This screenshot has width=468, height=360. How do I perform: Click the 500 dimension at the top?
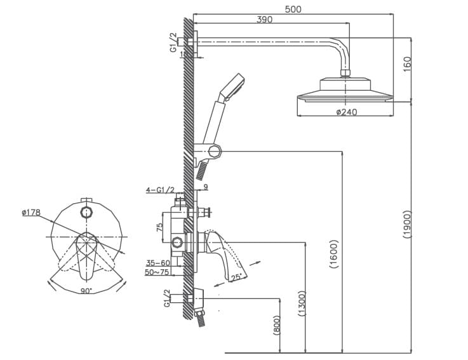pos(293,9)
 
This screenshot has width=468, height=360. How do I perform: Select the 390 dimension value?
pos(264,20)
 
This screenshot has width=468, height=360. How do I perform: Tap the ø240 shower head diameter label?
pos(346,112)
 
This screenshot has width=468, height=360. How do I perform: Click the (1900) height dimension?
pos(407,225)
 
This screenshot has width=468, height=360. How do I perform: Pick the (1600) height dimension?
pos(334,254)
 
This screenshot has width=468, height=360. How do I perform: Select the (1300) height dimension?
pos(302,303)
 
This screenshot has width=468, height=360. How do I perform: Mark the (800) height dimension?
pos(276,326)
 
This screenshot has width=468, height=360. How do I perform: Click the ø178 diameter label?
pos(31,213)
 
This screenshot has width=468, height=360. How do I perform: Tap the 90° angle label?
pos(86,290)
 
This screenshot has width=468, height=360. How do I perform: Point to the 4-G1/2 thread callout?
pos(159,190)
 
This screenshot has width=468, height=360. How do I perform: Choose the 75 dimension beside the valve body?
pos(161,226)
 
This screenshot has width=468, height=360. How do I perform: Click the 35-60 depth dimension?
pos(157,263)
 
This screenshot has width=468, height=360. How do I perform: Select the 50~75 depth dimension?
pos(157,272)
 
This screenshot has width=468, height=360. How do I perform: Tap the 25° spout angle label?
pos(236,276)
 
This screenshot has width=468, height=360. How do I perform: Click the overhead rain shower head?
pos(345,90)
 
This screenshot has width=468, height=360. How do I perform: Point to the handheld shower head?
pos(231,87)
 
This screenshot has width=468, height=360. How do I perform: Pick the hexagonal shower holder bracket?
pos(214,151)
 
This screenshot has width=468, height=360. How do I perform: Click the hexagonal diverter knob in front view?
pos(86,209)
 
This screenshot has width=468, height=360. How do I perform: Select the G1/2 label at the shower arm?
pos(173,43)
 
